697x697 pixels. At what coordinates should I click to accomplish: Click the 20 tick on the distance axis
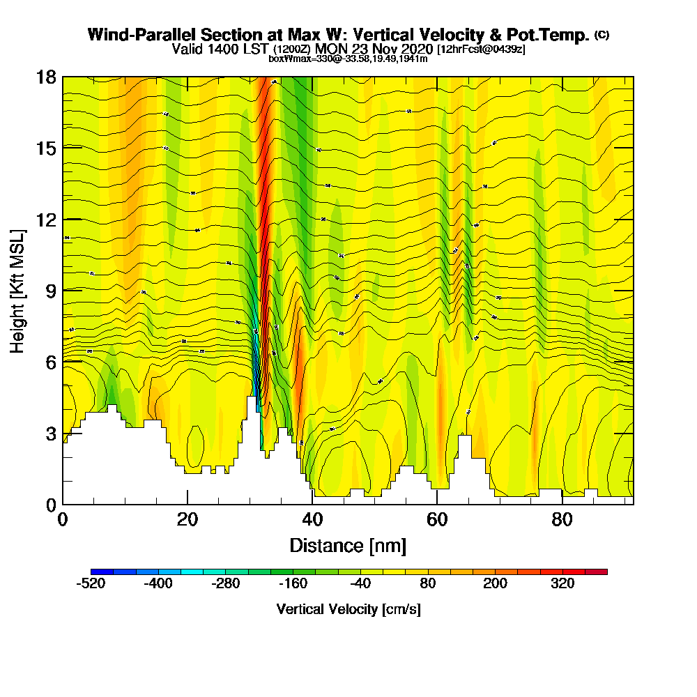point(187,519)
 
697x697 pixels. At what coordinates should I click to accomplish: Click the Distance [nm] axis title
point(348,545)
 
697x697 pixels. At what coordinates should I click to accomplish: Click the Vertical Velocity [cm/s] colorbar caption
point(348,609)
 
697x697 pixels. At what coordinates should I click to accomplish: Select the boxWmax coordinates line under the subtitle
point(348,59)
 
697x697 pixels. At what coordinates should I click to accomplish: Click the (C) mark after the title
point(602,34)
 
